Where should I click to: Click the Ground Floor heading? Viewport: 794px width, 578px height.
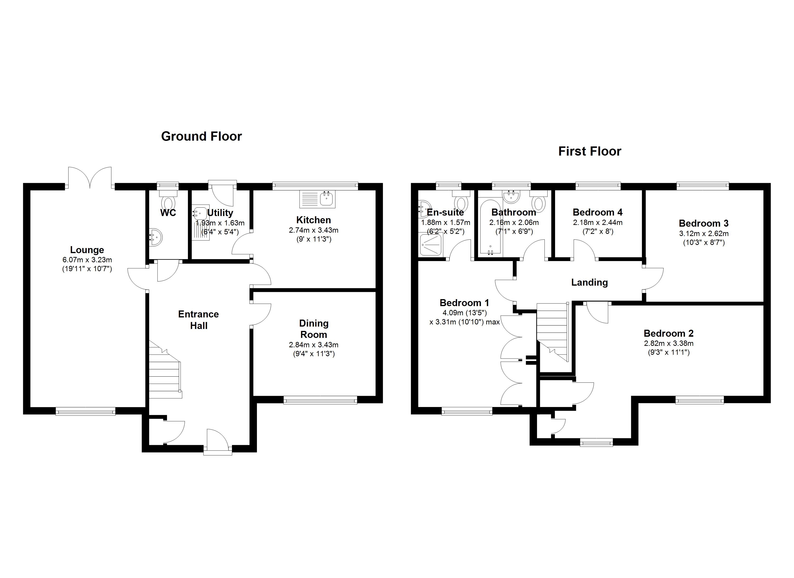[201, 136]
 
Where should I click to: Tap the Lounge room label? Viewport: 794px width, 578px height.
[87, 250]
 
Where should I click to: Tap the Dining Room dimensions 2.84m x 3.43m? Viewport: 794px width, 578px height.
[313, 345]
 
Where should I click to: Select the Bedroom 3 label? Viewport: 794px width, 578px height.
[703, 223]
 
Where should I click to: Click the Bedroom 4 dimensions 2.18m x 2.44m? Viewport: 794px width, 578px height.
[598, 223]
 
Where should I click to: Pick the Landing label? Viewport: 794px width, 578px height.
[589, 282]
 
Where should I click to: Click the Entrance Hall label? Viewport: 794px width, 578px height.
[198, 320]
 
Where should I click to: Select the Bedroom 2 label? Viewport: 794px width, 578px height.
[668, 333]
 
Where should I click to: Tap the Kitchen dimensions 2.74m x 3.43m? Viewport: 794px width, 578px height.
[313, 230]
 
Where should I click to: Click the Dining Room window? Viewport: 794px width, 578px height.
[320, 400]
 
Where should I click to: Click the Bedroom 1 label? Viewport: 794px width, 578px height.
[464, 303]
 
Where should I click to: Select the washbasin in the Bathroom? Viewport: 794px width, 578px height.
[512, 197]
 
